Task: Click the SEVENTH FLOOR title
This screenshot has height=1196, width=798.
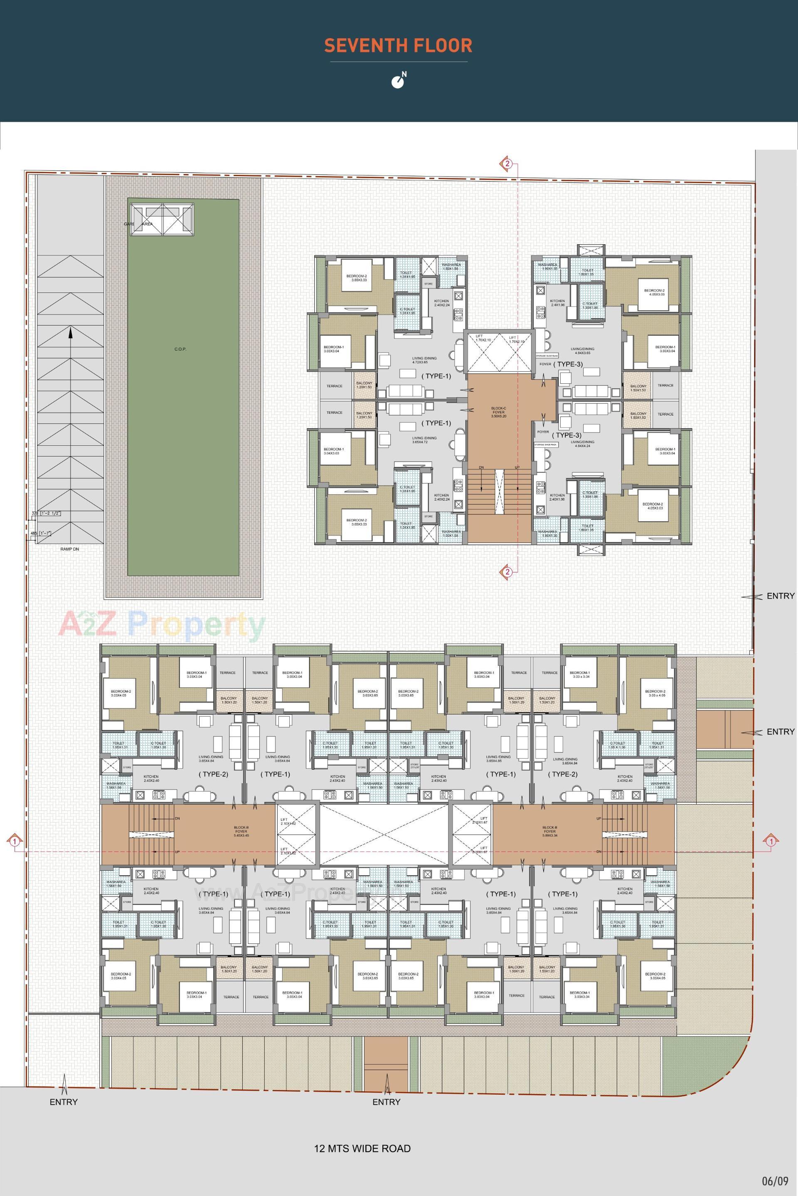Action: point(399,46)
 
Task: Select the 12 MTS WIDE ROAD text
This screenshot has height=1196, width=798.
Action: point(362,1130)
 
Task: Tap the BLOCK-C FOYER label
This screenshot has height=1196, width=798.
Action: point(499,412)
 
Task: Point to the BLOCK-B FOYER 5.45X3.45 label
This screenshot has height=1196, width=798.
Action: point(241,833)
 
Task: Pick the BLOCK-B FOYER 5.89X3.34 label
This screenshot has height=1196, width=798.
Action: point(551,833)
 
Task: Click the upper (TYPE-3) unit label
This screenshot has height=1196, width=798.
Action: point(568,364)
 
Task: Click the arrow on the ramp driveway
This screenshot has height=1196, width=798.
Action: point(70,333)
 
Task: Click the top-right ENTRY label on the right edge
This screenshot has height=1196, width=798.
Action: point(780,596)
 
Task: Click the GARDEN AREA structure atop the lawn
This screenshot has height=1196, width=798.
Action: point(162,219)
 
